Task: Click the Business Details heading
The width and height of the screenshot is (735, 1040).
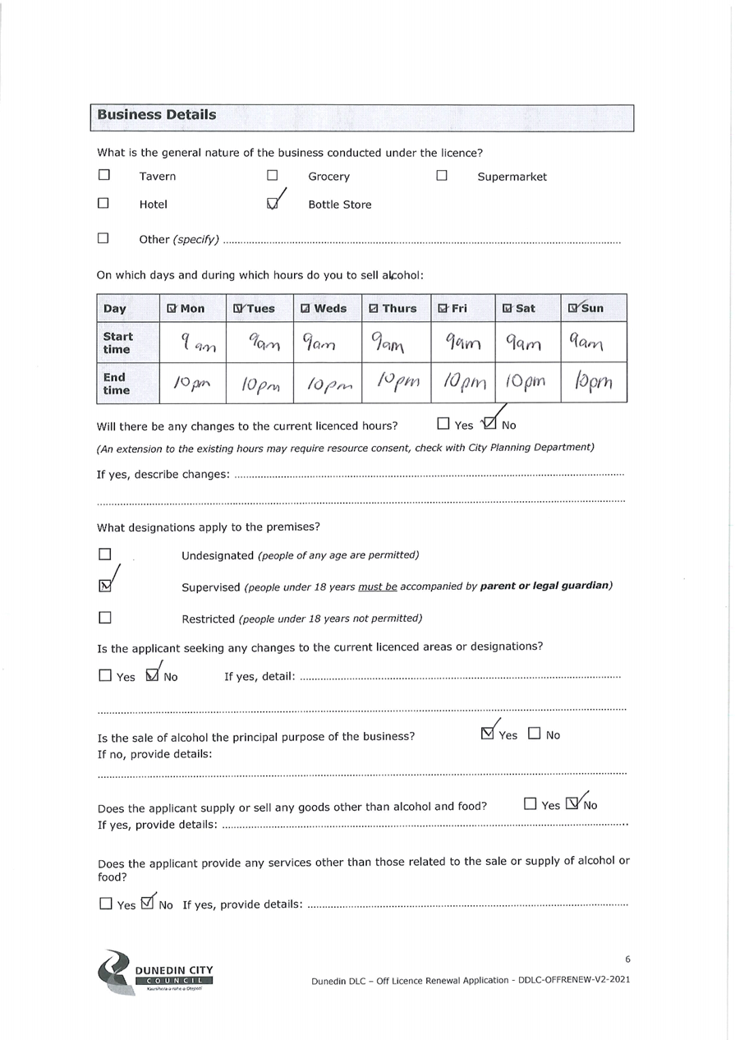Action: [157, 115]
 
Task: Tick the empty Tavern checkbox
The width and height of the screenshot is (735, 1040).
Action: [103, 175]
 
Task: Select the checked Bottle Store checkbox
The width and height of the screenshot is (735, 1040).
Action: [273, 205]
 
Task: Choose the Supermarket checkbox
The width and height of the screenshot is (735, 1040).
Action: [442, 175]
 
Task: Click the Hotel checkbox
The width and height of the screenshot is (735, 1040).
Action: [103, 203]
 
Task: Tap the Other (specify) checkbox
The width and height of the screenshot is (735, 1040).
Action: [103, 238]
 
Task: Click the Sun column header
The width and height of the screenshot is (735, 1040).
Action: [586, 308]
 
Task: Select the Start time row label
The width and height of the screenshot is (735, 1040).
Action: [117, 342]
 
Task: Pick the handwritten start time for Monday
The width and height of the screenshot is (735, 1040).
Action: [191, 342]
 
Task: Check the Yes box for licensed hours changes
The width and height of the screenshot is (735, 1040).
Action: [443, 424]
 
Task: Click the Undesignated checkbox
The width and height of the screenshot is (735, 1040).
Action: [104, 555]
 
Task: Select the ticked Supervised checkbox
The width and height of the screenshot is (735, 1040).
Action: [104, 586]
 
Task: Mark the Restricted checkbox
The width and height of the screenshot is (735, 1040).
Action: [104, 617]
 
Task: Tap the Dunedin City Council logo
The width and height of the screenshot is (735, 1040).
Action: [155, 973]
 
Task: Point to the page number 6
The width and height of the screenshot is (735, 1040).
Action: [627, 959]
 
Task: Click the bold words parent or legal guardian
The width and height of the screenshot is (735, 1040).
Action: [545, 586]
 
